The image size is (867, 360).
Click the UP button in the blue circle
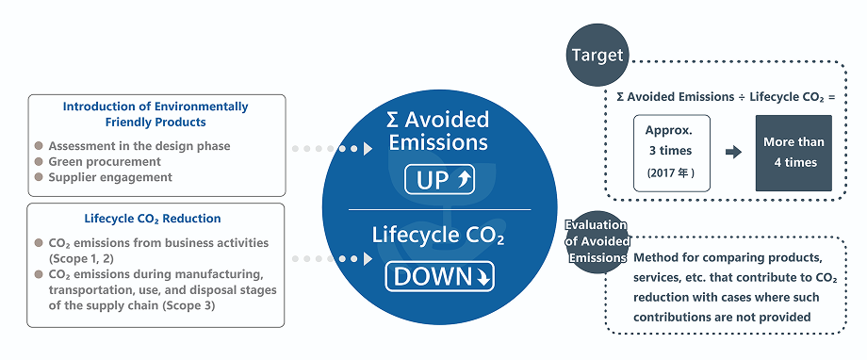pyautogui.click(x=439, y=179)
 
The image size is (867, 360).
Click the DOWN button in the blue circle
pyautogui.click(x=439, y=277)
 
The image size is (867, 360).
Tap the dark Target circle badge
pyautogui.click(x=597, y=55)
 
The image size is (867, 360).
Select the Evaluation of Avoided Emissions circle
pyautogui.click(x=597, y=242)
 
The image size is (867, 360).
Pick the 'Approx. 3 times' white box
pyautogui.click(x=669, y=153)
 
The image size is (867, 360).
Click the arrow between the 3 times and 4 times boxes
pyautogui.click(x=732, y=151)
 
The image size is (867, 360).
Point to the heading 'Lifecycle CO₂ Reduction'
pyautogui.click(x=155, y=219)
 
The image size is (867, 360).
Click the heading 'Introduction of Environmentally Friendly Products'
pyautogui.click(x=155, y=114)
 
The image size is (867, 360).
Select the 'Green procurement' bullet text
pyautogui.click(x=103, y=161)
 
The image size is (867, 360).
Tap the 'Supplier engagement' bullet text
pyautogui.click(x=110, y=176)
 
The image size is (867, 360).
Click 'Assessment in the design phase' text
pyautogui.click(x=139, y=146)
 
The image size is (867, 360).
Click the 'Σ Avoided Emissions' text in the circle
pyautogui.click(x=439, y=131)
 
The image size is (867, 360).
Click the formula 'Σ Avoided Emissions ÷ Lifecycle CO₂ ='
pyautogui.click(x=726, y=96)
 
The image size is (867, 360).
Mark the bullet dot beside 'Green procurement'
pyautogui.click(x=39, y=161)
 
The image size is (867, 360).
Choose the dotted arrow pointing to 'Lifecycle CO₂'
pyautogui.click(x=333, y=257)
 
